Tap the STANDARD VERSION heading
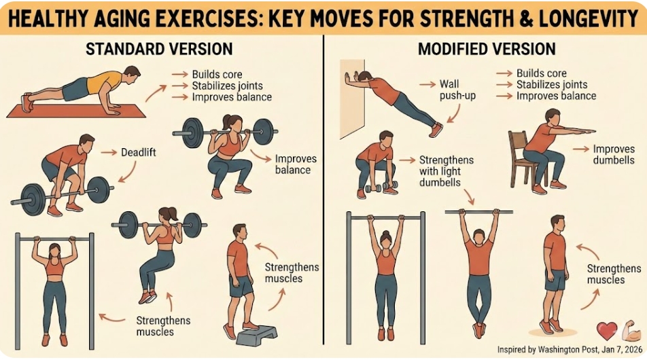[159, 49]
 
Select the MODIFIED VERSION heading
[487, 49]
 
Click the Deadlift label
[138, 153]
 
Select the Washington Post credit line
[570, 350]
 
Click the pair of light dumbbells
[381, 187]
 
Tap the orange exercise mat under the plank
[76, 111]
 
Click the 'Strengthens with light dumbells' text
[446, 171]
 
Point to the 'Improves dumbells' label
[614, 155]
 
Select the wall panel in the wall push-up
[352, 99]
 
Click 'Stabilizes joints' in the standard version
[228, 86]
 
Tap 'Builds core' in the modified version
[542, 73]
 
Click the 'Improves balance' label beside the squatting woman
[296, 164]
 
